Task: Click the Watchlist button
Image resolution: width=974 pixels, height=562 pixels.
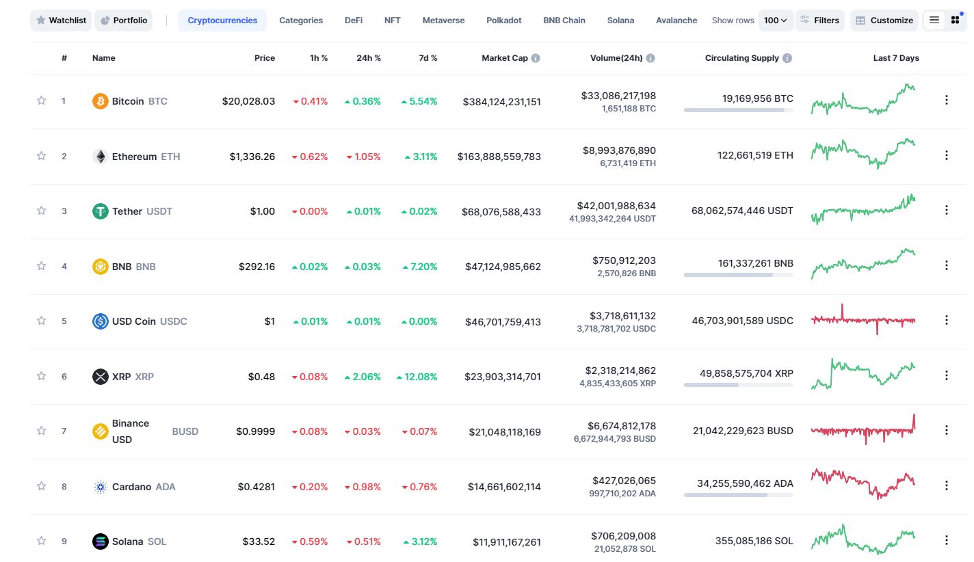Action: pyautogui.click(x=61, y=21)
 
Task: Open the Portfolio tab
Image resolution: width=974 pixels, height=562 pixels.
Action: pyautogui.click(x=124, y=21)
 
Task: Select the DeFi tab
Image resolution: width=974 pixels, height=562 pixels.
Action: pyautogui.click(x=353, y=21)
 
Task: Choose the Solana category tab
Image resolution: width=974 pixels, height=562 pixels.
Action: pyautogui.click(x=620, y=21)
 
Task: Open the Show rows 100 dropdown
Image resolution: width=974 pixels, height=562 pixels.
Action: pyautogui.click(x=775, y=21)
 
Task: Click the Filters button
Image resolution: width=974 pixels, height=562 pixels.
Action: pyautogui.click(x=820, y=21)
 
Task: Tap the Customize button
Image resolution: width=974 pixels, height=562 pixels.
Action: pyautogui.click(x=884, y=21)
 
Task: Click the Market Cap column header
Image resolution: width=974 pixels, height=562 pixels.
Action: pyautogui.click(x=505, y=58)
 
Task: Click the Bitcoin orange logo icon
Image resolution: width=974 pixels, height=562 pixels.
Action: pyautogui.click(x=101, y=101)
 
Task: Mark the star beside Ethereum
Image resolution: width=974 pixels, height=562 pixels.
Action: pyautogui.click(x=42, y=156)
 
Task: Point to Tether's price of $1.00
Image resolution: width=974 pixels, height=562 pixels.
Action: pyautogui.click(x=262, y=211)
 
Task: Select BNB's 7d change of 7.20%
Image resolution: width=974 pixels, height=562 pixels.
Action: pyautogui.click(x=419, y=267)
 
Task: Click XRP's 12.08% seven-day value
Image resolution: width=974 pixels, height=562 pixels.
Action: pyautogui.click(x=417, y=377)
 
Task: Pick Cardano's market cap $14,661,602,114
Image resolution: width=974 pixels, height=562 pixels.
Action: pyautogui.click(x=504, y=487)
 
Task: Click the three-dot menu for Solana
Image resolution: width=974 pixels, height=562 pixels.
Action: pyautogui.click(x=947, y=541)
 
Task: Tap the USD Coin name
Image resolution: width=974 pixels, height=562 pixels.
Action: pyautogui.click(x=133, y=321)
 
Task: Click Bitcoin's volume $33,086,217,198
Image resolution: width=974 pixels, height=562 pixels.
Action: pyautogui.click(x=618, y=96)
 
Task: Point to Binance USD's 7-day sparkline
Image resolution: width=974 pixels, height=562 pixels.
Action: pyautogui.click(x=863, y=430)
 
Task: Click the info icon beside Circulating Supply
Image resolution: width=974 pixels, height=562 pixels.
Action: pyautogui.click(x=787, y=58)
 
